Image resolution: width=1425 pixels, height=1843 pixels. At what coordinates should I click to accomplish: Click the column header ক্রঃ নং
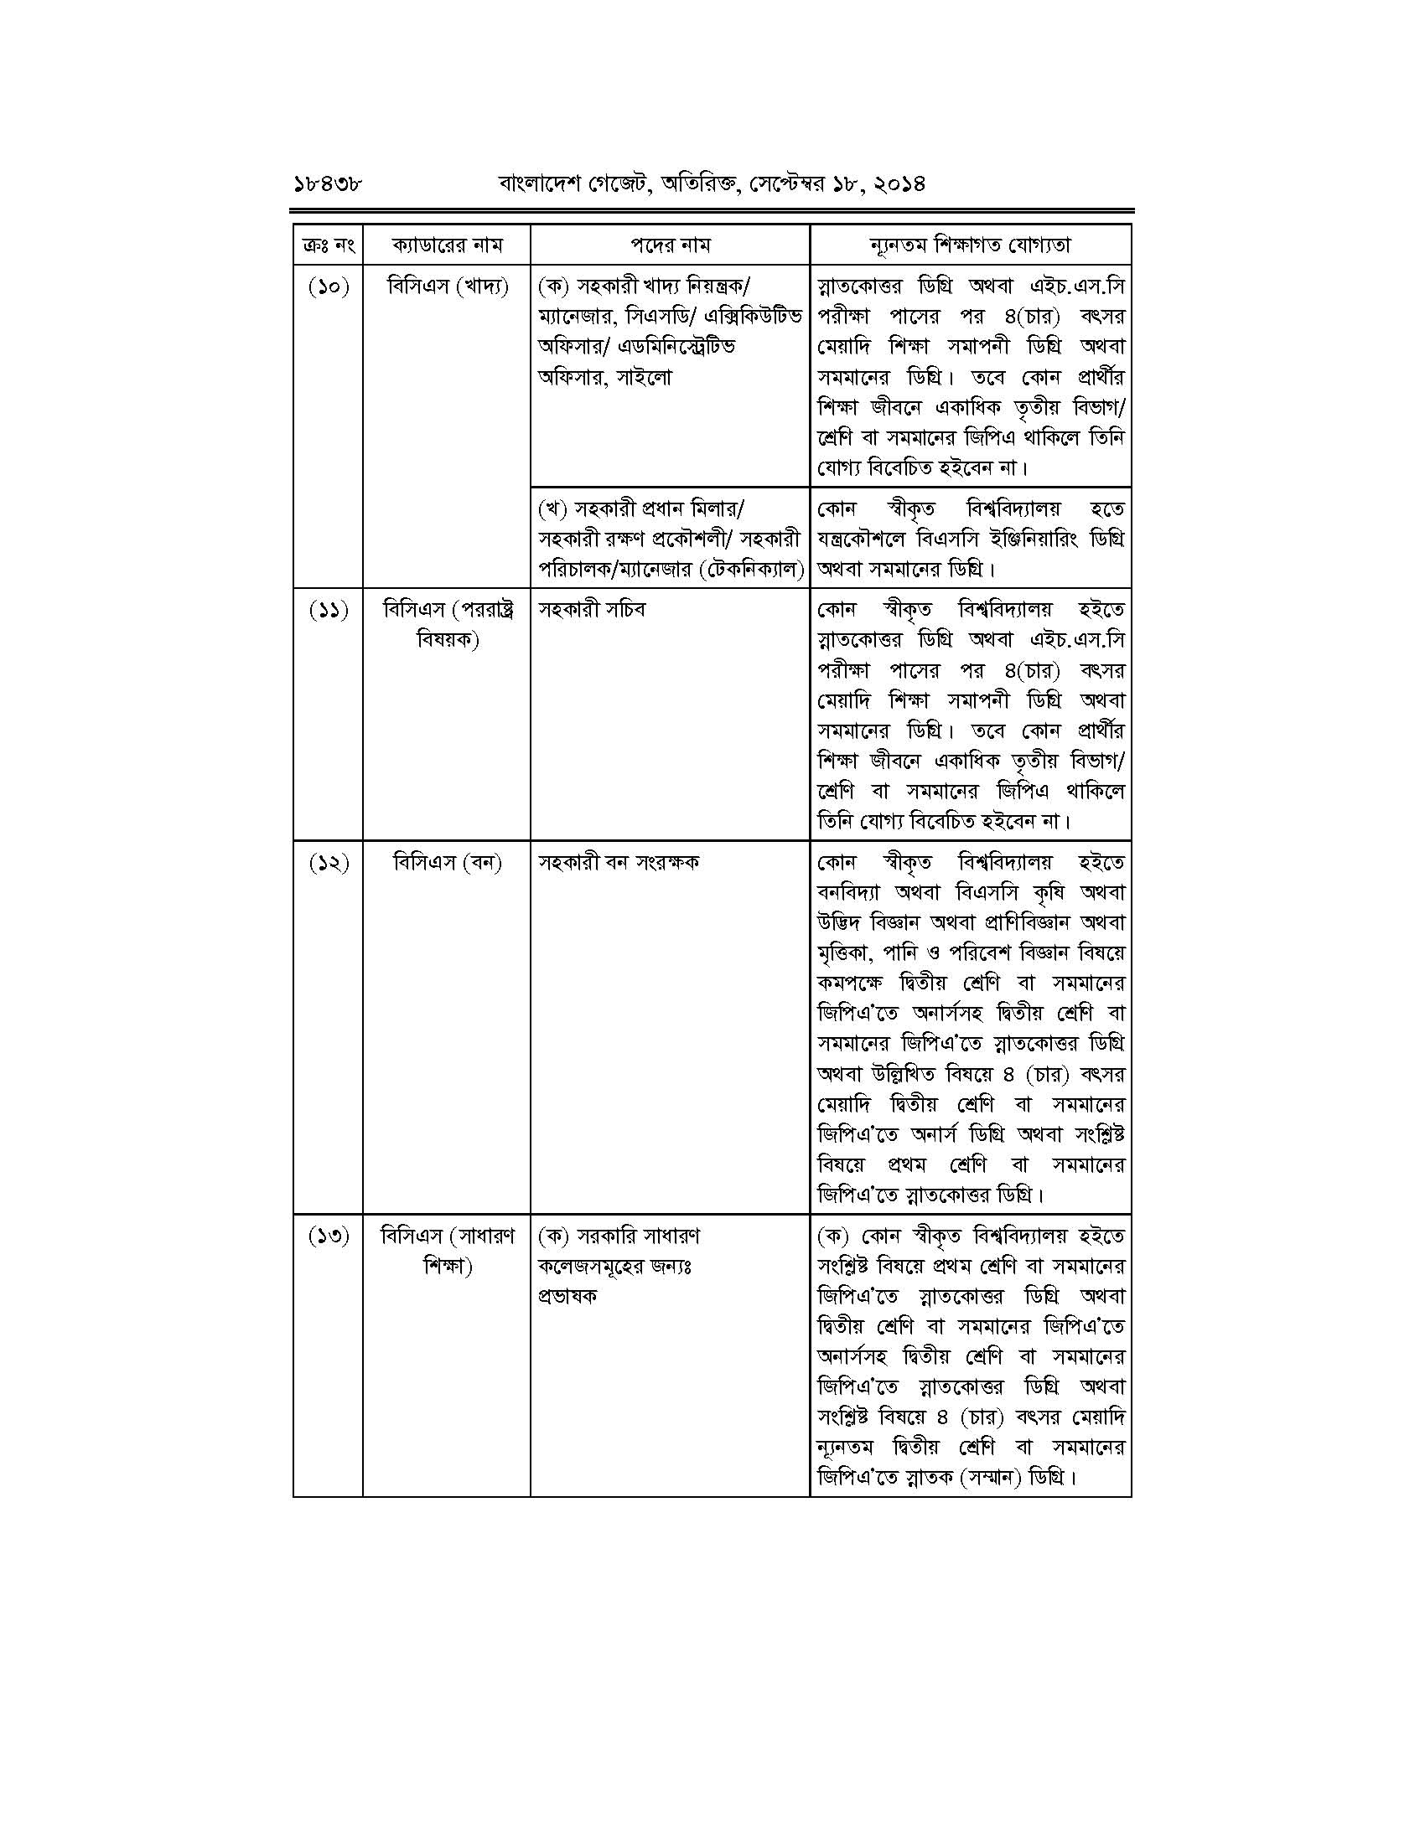point(328,245)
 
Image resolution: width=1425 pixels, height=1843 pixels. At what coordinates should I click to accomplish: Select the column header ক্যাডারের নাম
point(447,245)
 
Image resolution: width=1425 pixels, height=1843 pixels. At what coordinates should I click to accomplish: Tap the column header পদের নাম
point(671,245)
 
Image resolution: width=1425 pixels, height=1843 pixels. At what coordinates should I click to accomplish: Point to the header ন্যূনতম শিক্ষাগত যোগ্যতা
point(970,245)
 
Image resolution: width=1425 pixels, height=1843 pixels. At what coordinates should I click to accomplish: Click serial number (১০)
point(329,287)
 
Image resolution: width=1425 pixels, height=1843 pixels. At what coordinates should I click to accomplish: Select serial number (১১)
point(329,610)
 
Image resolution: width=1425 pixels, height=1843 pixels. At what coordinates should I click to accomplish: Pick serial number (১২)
point(329,863)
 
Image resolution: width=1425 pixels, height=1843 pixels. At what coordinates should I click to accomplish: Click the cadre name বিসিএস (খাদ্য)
point(448,287)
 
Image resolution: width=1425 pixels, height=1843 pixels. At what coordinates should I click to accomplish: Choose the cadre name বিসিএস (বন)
point(448,863)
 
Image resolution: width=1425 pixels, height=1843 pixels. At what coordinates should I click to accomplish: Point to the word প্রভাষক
point(567,1296)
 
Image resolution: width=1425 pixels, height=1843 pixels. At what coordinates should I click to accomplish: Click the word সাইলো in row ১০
point(644,378)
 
